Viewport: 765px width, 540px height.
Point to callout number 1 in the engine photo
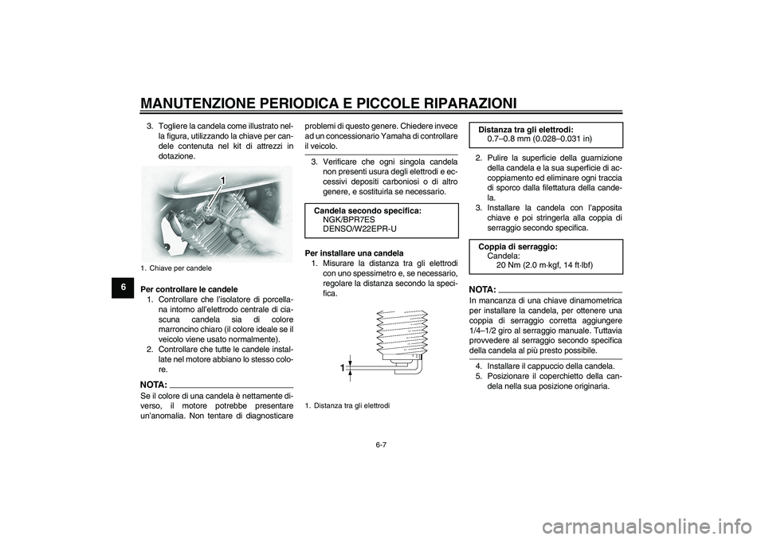coord(226,182)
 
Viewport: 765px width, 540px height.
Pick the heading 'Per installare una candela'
coord(348,252)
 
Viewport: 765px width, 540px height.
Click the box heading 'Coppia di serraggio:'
coord(517,247)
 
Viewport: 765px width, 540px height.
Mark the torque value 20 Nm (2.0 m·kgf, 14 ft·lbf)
coord(550,265)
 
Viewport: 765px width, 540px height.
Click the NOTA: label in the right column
coord(483,288)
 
